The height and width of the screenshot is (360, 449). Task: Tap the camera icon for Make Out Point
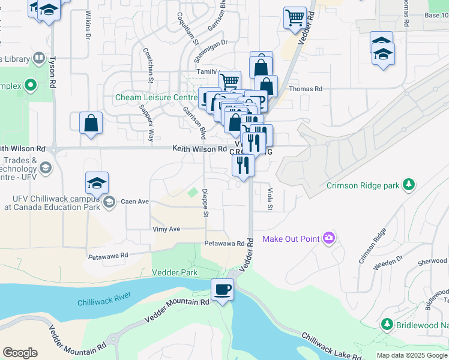[x=328, y=239]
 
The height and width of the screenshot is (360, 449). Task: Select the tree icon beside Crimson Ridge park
[x=409, y=185]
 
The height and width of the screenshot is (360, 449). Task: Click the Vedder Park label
[x=175, y=272]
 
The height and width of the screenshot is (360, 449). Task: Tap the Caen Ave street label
[x=134, y=202]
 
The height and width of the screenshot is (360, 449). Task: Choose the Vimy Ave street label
[x=166, y=229]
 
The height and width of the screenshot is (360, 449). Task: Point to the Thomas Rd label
[x=306, y=89]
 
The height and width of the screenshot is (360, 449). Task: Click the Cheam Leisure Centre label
[x=156, y=98]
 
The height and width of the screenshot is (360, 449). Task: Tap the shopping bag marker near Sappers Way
[x=91, y=124]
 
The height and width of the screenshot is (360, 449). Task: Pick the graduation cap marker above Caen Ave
[x=97, y=182]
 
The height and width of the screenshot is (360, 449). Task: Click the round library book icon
[x=38, y=58]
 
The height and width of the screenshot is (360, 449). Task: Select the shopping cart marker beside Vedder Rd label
[x=295, y=18]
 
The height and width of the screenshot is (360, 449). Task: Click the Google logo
[x=20, y=352]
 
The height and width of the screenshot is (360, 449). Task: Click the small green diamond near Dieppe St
[x=193, y=193]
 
